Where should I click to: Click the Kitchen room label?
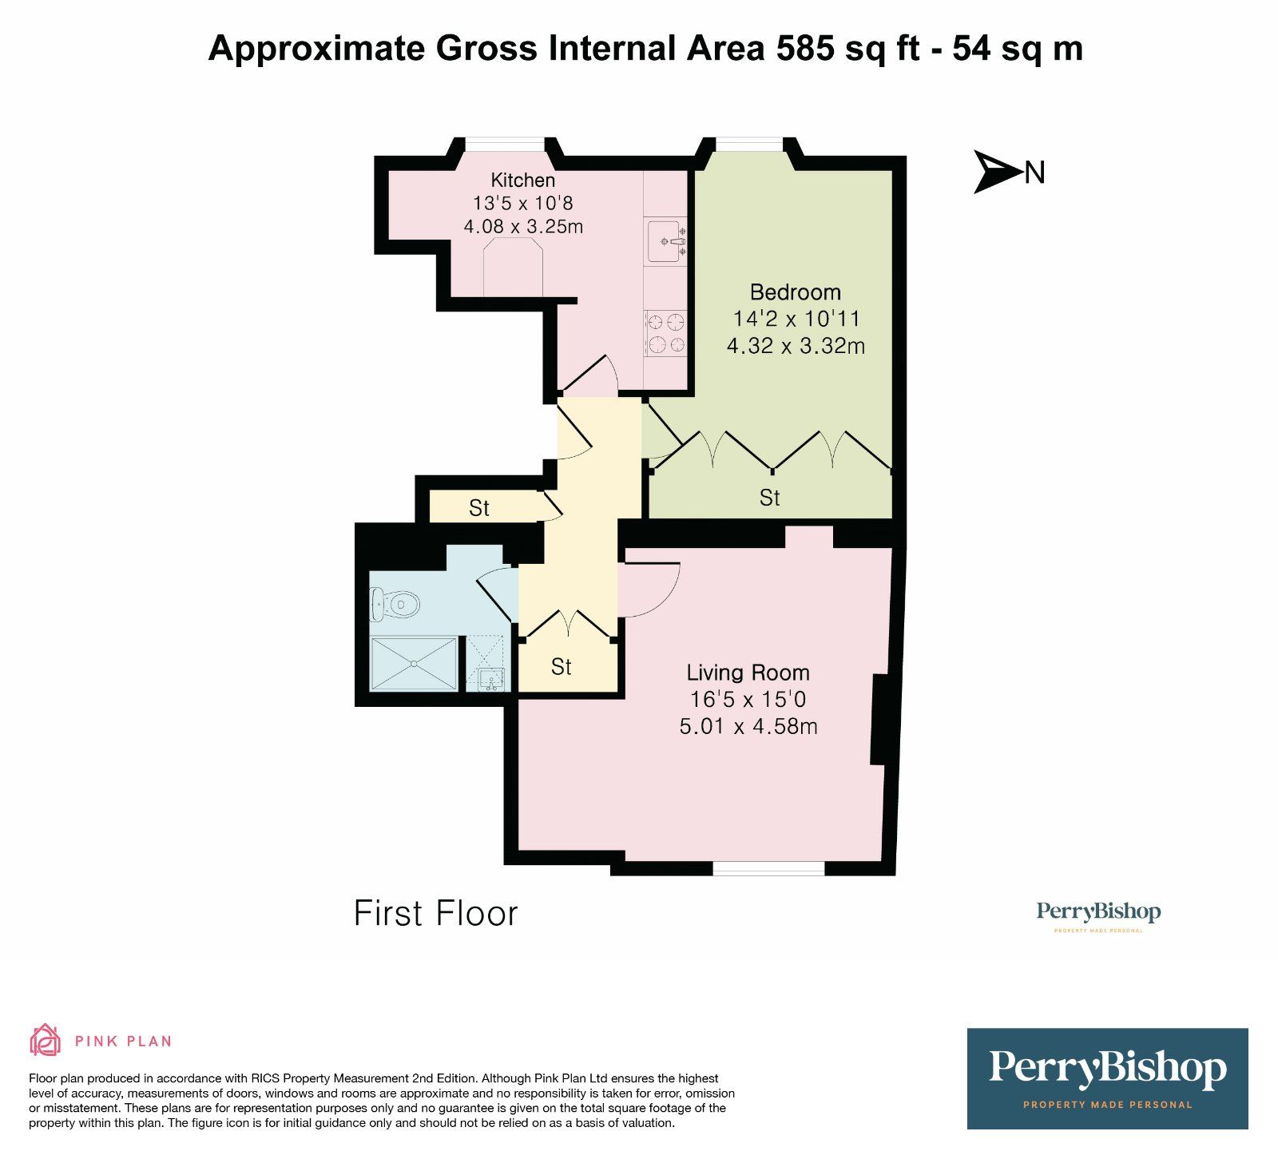522,180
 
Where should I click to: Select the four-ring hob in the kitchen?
666,333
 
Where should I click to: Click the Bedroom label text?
795,292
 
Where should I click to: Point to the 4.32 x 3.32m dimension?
796,346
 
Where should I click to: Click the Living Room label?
748,673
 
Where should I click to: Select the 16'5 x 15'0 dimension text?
748,700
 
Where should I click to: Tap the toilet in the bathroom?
395,605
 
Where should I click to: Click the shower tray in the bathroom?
414,663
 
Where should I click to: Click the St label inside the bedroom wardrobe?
769,498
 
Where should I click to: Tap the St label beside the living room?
561,666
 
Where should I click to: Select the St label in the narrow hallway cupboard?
478,508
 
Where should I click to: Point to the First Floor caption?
435,914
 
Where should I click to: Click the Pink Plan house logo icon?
45,1040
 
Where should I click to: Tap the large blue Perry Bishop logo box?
1107,1078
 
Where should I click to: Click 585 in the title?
807,49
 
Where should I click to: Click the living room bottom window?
768,868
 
